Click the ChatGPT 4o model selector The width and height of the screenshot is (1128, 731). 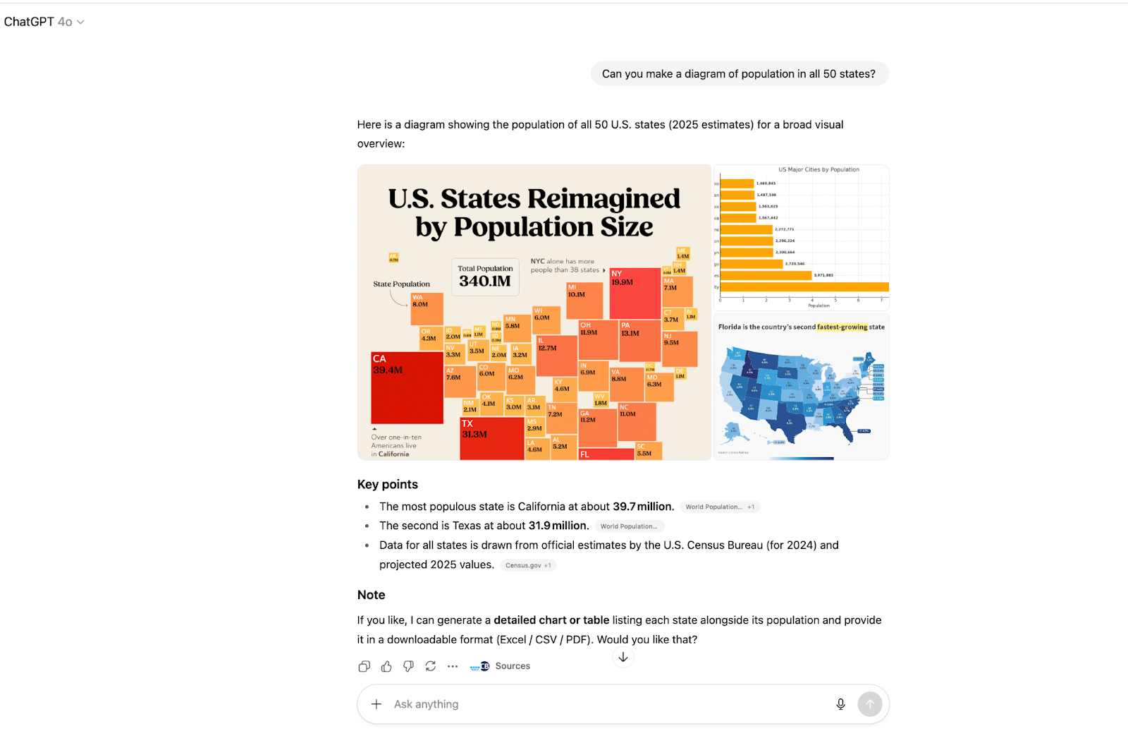(x=44, y=22)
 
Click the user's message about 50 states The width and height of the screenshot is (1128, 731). (x=739, y=74)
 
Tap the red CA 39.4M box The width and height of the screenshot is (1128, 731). (x=407, y=387)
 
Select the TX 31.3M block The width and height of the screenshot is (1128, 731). (x=491, y=439)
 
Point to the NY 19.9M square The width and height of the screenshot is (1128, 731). (x=634, y=294)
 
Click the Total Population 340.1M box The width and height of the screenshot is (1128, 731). (x=485, y=276)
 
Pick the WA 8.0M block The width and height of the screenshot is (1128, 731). (x=427, y=309)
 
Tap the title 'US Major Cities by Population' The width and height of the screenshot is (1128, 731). (x=819, y=170)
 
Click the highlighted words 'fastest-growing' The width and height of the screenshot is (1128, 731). (x=842, y=327)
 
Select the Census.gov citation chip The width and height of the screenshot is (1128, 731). (x=528, y=565)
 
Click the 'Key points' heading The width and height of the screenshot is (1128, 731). (x=387, y=485)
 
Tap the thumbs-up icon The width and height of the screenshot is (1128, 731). (x=386, y=666)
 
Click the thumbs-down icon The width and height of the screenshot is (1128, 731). (x=408, y=666)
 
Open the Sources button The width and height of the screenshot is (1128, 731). (x=501, y=666)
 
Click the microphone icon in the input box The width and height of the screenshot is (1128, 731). (x=840, y=704)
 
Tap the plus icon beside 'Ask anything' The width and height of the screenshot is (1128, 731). (x=376, y=704)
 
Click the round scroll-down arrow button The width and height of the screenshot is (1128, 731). (x=623, y=657)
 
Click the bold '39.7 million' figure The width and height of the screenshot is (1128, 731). (x=643, y=507)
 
